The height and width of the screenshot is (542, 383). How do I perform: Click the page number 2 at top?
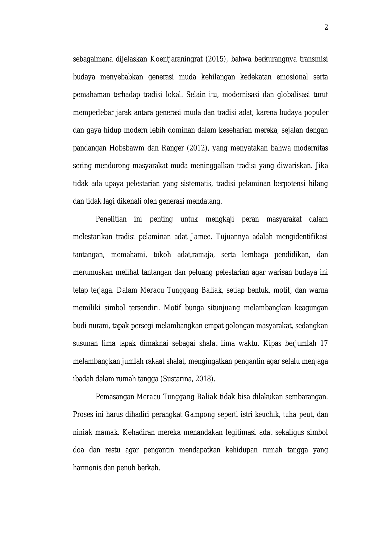click(326, 28)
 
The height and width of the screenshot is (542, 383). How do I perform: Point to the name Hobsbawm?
click(127, 148)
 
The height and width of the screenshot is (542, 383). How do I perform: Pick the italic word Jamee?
click(201, 237)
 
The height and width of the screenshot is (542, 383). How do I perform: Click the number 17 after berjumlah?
click(324, 344)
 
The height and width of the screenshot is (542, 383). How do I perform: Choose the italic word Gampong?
click(200, 415)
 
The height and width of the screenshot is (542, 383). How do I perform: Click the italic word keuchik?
click(267, 415)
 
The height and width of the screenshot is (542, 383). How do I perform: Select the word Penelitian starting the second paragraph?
click(111, 219)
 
